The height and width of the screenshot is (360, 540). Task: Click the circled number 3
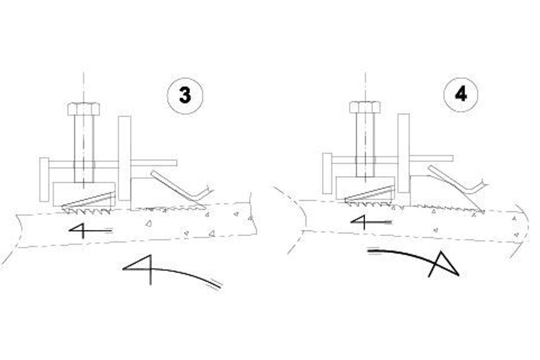click(185, 96)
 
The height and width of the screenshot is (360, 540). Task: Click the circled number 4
click(461, 93)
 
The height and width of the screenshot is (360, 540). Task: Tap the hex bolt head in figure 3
click(84, 109)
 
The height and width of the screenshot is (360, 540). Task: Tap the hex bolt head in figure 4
click(365, 107)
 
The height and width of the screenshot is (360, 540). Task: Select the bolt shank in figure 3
click(84, 149)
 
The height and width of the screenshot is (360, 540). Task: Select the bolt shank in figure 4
click(365, 145)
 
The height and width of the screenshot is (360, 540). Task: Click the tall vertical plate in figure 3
click(125, 158)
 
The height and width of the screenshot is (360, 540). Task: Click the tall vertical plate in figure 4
click(404, 153)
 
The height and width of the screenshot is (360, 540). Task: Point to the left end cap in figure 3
click(44, 180)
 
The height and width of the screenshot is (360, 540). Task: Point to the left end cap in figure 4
click(327, 173)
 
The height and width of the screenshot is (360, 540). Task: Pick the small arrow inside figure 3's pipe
click(90, 230)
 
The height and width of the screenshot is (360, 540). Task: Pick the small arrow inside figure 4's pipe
click(371, 222)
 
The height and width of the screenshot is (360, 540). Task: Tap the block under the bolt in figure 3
click(84, 194)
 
